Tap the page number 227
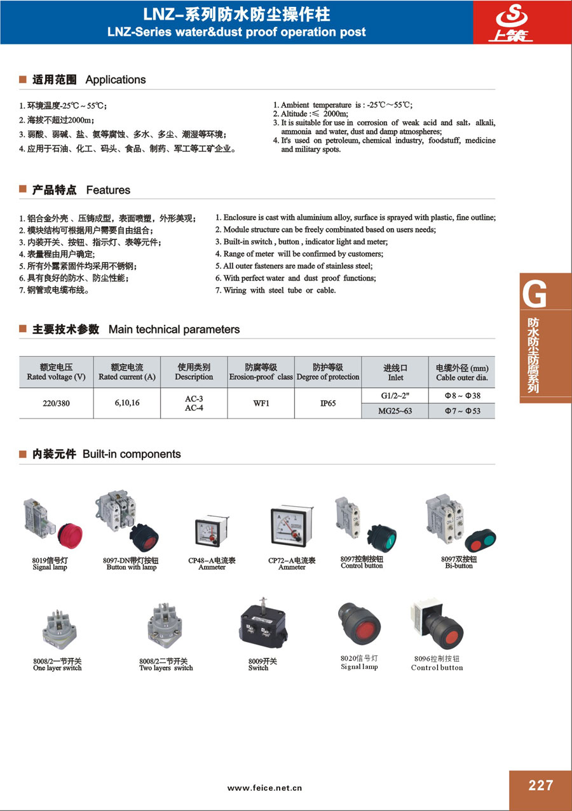click(x=540, y=786)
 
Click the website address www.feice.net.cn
click(x=264, y=788)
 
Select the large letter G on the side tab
click(x=535, y=295)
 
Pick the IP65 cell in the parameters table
click(x=328, y=403)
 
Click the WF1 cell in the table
click(x=261, y=403)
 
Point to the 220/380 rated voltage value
click(x=56, y=403)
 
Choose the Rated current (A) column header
click(x=127, y=372)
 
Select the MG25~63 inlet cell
click(x=395, y=411)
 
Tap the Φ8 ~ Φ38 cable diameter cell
click(x=461, y=395)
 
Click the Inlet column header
click(x=395, y=372)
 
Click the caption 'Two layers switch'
click(x=166, y=668)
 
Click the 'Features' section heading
click(x=108, y=190)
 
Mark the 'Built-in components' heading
click(x=132, y=454)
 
